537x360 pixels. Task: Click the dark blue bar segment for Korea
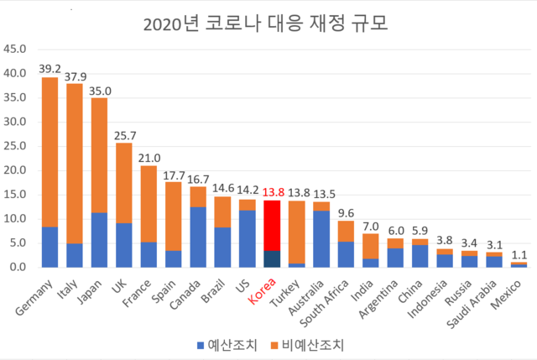click(x=272, y=258)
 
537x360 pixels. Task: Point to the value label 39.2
click(x=50, y=69)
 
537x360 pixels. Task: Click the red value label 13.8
click(x=272, y=192)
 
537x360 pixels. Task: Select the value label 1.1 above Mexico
click(x=519, y=254)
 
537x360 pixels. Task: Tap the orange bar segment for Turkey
click(x=296, y=231)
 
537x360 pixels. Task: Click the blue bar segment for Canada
click(x=198, y=237)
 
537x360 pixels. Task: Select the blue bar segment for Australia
click(x=321, y=239)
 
